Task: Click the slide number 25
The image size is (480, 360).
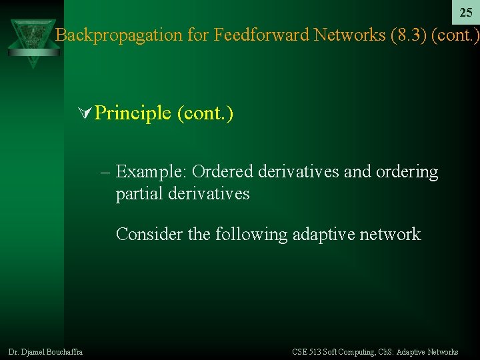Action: pos(466,13)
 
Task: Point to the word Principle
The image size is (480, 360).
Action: pos(133,113)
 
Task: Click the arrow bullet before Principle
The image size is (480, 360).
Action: pos(85,113)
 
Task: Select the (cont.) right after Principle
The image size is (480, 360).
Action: pos(205,113)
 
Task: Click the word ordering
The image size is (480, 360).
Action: pos(407,172)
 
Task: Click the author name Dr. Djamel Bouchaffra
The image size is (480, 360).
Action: pos(45,352)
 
